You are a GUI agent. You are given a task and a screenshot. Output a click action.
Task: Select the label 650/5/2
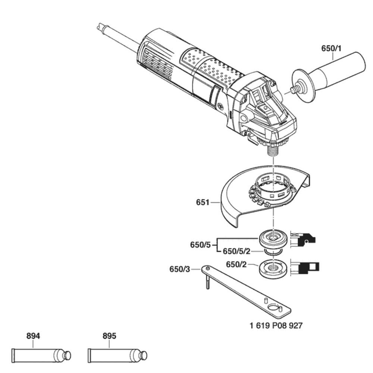[x=237, y=251]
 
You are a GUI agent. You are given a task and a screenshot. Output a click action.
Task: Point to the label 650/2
[x=236, y=264]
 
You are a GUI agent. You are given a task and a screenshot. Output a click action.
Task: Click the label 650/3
[x=179, y=269]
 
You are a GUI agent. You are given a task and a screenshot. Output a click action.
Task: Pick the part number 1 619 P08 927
[x=276, y=326]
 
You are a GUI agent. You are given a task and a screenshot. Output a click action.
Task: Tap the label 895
[x=109, y=336]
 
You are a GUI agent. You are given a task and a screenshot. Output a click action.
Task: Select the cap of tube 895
[x=143, y=355]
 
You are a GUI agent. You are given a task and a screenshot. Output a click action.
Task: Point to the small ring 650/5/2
[x=275, y=254]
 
